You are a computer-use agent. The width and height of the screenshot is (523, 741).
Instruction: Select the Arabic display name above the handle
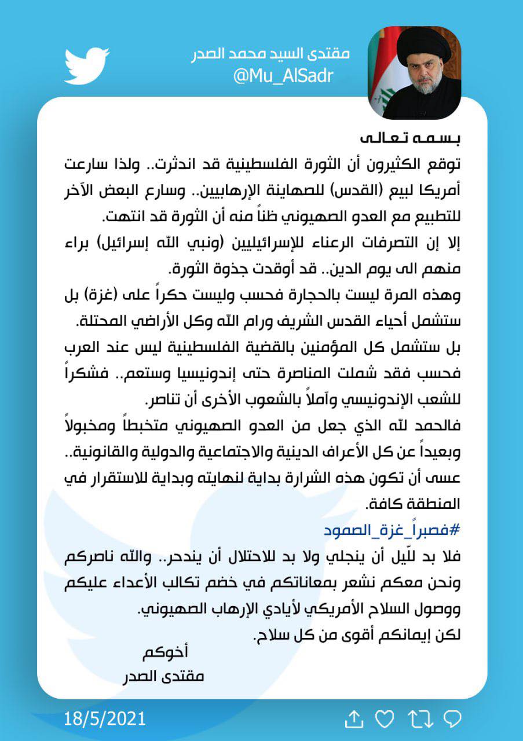(x=271, y=54)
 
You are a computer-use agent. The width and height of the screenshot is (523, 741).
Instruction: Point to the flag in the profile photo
(x=387, y=69)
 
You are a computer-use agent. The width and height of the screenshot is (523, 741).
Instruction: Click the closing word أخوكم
(x=165, y=652)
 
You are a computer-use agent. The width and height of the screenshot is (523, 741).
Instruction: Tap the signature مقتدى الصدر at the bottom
(x=164, y=676)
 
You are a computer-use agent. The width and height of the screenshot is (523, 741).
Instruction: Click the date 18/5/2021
(x=105, y=720)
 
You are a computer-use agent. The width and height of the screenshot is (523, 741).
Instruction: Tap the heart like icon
(x=384, y=720)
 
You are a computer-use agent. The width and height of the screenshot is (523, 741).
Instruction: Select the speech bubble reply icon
(x=451, y=720)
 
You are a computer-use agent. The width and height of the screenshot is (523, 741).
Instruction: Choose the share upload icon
(x=353, y=720)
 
